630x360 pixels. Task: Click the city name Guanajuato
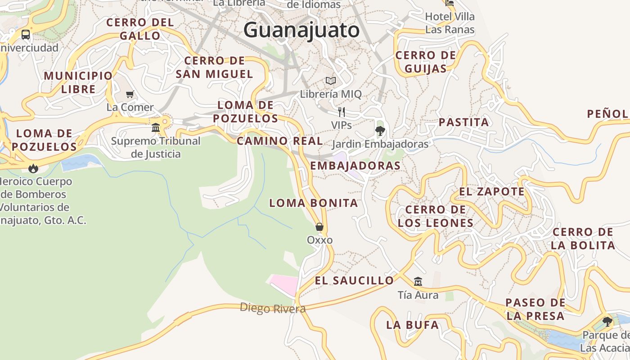tap(301, 30)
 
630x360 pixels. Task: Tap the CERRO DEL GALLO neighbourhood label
tap(140, 29)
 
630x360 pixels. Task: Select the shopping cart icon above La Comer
tap(130, 94)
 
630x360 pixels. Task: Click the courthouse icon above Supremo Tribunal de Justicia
tap(156, 128)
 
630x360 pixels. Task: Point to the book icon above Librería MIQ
tap(331, 81)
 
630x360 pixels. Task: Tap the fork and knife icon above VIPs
tap(342, 112)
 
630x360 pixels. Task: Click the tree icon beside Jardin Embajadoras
tap(380, 131)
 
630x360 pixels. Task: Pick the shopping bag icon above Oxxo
tap(319, 227)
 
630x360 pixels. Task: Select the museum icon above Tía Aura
tap(418, 282)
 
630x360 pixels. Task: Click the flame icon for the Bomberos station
tap(33, 168)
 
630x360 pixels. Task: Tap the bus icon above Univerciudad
tap(26, 34)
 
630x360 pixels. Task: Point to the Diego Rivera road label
tap(273, 308)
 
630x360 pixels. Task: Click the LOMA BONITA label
tap(314, 203)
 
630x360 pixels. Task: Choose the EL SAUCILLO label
tap(354, 280)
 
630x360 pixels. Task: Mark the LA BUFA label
tap(412, 324)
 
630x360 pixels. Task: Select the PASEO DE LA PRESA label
tap(535, 309)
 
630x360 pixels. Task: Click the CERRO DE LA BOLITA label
tap(583, 238)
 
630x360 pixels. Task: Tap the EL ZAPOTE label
tap(492, 192)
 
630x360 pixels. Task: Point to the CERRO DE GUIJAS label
tap(425, 62)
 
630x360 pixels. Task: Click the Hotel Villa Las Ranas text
tap(450, 23)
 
